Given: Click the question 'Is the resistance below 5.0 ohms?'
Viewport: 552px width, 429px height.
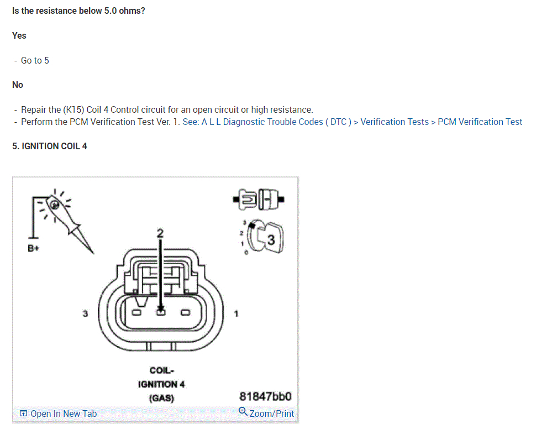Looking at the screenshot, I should tap(78, 11).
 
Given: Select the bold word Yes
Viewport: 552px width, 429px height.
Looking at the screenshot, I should tap(19, 35).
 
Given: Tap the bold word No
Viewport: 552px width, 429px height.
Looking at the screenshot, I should tap(18, 85).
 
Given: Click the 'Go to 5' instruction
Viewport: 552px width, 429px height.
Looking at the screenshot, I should tap(35, 60).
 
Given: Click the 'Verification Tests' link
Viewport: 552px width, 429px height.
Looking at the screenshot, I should tap(395, 122).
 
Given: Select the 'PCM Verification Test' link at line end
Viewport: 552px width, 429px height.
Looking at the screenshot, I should tap(480, 122).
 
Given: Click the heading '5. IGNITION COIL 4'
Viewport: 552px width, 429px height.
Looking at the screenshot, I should tap(50, 146).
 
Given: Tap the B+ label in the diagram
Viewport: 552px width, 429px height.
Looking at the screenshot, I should tap(34, 248).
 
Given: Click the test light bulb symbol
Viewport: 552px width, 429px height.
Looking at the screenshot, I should tap(55, 205).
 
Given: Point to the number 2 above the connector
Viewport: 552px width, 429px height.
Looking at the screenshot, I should tap(160, 233).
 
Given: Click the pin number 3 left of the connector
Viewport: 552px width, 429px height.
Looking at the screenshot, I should tap(85, 313).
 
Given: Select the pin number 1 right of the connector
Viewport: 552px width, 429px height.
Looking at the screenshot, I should tap(236, 313).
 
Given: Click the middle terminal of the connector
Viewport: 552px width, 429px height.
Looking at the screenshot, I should tap(160, 312).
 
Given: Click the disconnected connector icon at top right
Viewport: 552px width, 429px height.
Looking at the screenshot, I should tap(259, 197).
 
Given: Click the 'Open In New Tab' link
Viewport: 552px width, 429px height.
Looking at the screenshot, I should tap(58, 414).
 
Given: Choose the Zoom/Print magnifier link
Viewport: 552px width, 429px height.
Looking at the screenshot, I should tap(266, 413).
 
